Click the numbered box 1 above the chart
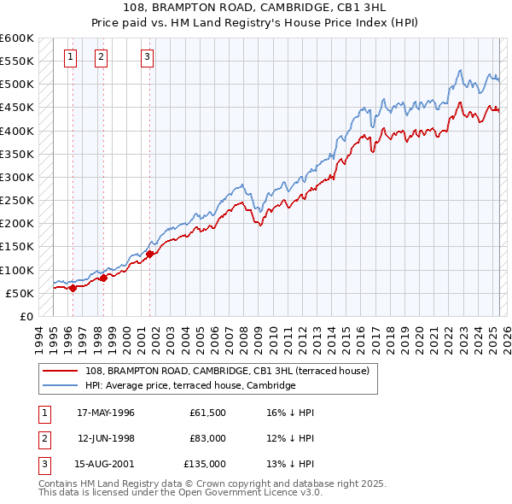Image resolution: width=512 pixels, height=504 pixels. coord(69,57)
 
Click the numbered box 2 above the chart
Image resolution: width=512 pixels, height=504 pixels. coord(101,57)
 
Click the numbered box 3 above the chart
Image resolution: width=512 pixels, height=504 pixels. coord(147,57)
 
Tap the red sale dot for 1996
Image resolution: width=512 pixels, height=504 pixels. coord(73,288)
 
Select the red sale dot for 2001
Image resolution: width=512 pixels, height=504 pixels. coord(149,253)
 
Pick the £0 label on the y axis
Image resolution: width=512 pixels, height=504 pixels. coord(26,316)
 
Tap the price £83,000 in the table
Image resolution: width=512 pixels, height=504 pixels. coord(207,438)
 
